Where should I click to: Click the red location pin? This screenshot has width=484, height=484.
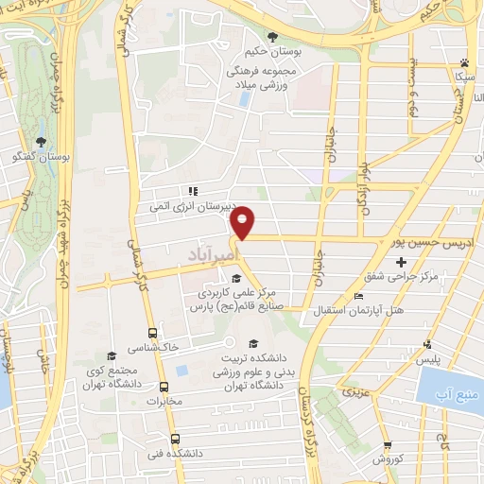[x=244, y=221]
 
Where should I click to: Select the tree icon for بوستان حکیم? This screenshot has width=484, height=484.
[x=273, y=37]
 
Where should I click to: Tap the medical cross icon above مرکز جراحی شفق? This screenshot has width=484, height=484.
[x=402, y=261]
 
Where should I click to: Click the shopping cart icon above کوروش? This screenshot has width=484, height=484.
[x=388, y=445]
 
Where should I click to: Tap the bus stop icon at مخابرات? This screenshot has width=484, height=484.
[x=164, y=387]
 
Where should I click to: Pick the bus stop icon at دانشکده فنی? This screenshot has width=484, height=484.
[x=175, y=439]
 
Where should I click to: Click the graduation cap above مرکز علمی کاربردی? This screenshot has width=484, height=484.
[x=236, y=278]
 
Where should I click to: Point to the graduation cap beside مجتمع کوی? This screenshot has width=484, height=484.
[x=112, y=356]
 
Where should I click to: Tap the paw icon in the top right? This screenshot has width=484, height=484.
[x=464, y=60]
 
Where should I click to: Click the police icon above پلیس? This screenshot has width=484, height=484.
[x=429, y=345]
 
